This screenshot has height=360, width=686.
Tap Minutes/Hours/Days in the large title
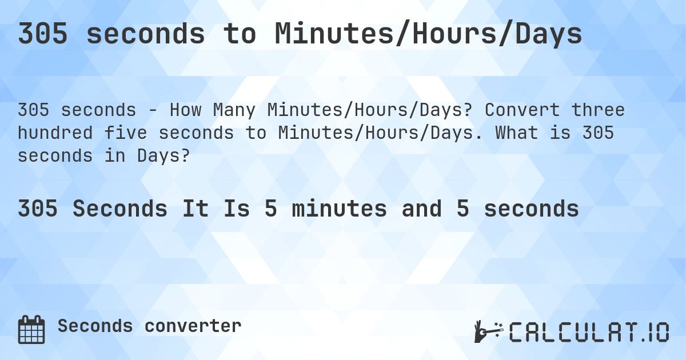(428, 35)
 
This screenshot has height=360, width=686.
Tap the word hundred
(55, 133)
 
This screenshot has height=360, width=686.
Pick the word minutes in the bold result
(339, 209)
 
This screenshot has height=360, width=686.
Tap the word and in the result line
(421, 209)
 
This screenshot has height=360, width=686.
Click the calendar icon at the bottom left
(31, 330)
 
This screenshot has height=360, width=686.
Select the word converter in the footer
(193, 326)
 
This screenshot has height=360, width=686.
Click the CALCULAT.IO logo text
(589, 332)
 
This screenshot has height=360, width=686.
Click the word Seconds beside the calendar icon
(95, 326)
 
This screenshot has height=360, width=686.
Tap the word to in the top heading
(240, 35)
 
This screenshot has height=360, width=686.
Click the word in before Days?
(118, 156)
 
